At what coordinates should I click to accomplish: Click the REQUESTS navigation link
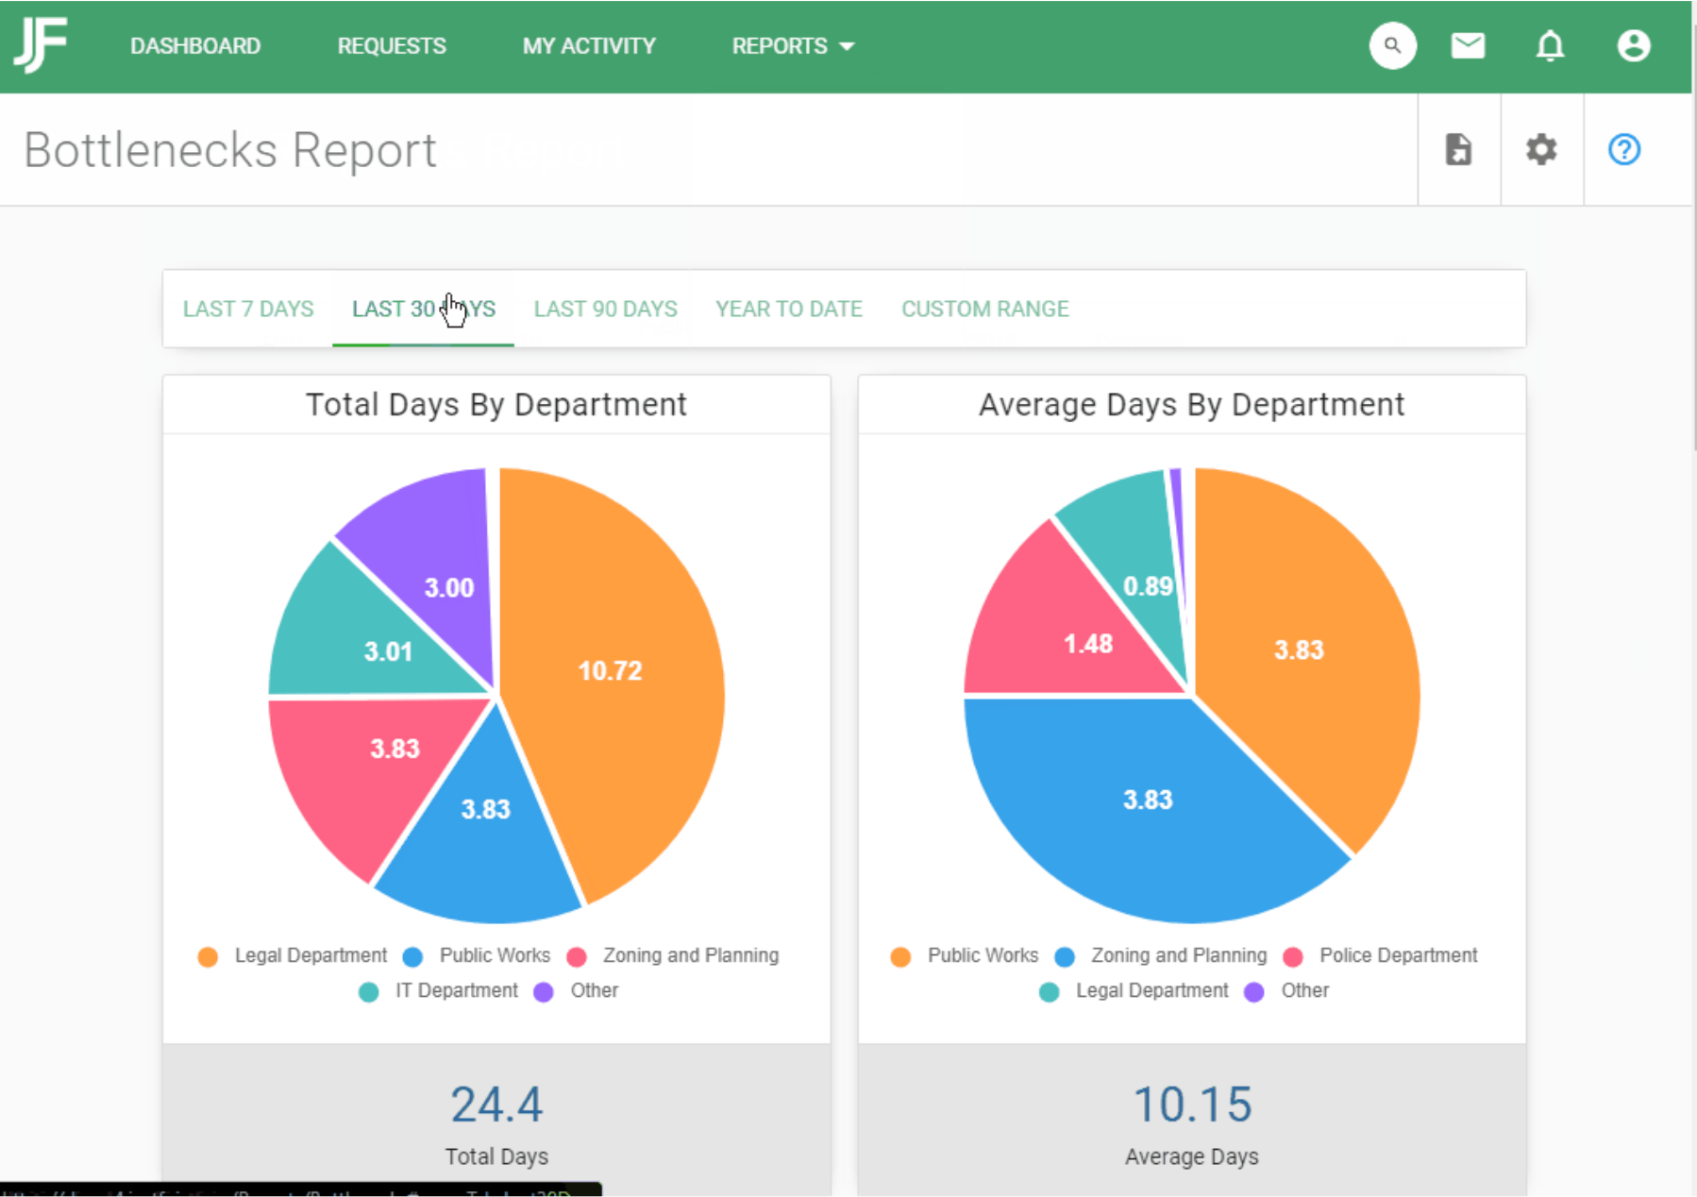[x=392, y=46]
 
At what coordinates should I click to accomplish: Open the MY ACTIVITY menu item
[x=589, y=46]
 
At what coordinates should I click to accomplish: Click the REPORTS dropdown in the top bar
[x=793, y=46]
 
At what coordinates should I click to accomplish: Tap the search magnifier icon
[x=1392, y=45]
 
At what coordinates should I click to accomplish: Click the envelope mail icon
[x=1468, y=45]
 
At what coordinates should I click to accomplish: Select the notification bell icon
[x=1550, y=45]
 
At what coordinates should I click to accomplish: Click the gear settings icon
[x=1541, y=149]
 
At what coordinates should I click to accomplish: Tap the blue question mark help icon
[x=1624, y=149]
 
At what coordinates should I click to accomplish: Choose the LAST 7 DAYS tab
[x=248, y=309]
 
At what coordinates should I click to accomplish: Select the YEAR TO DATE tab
[x=789, y=309]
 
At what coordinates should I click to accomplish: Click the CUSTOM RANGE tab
[x=985, y=309]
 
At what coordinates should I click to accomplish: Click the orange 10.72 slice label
[x=610, y=671]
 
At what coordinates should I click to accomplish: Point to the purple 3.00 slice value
[x=449, y=588]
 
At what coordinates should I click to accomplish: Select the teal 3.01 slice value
[x=389, y=651]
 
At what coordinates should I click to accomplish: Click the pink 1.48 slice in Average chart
[x=1088, y=644]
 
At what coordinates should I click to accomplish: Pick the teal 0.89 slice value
[x=1148, y=586]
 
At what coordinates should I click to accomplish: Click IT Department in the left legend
[x=456, y=990]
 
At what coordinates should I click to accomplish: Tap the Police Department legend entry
[x=1398, y=955]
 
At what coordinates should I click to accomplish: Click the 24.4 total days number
[x=496, y=1104]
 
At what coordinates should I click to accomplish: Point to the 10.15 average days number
[x=1192, y=1104]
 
